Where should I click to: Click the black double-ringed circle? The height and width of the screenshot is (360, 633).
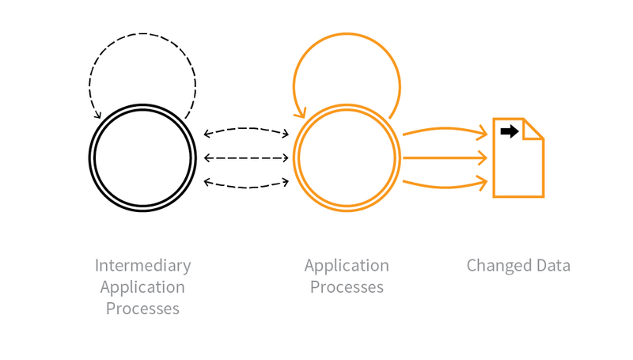pos(142,157)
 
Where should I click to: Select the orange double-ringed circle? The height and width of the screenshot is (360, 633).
pos(346,157)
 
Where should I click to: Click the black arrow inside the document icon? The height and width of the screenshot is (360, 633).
pos(510,131)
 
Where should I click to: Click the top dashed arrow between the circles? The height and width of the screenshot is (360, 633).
pos(246,128)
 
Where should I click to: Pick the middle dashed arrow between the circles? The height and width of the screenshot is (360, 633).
pos(246,157)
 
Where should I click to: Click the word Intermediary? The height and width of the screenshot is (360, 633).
pos(142,266)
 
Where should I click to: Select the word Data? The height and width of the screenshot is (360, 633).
pos(552,266)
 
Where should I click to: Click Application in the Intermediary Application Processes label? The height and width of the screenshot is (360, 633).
pos(142,287)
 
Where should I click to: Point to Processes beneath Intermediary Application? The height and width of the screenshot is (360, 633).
pos(142,309)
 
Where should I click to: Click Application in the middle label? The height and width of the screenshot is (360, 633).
pos(347,266)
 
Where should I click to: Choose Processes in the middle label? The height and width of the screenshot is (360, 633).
pos(347,287)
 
